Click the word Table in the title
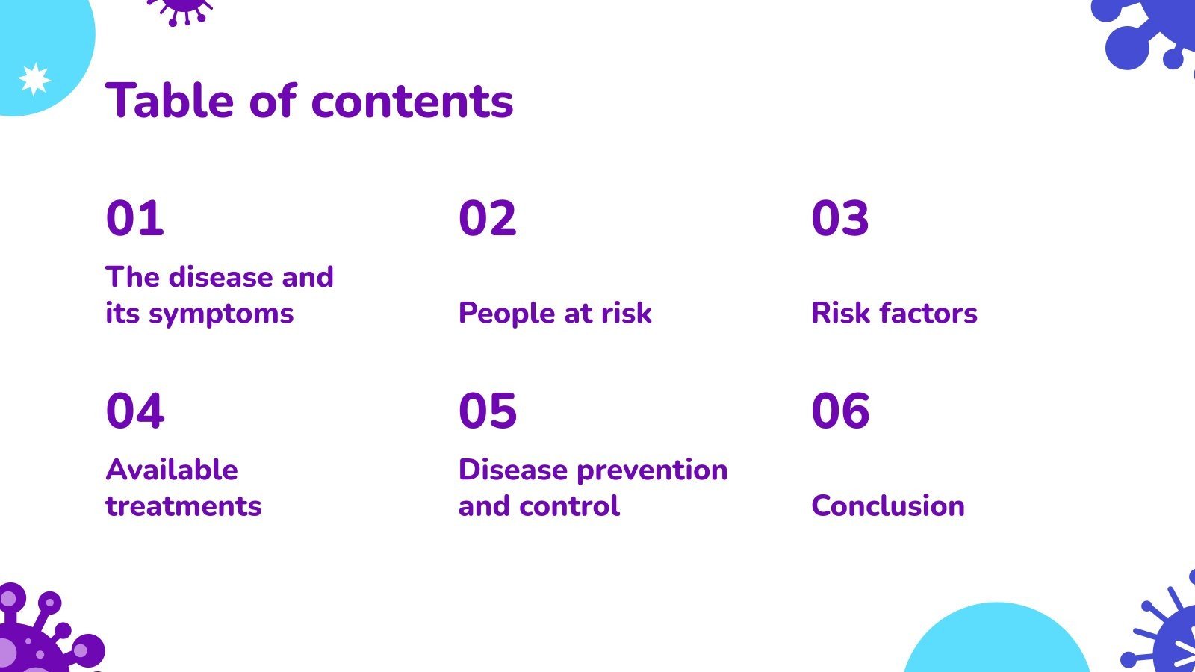(170, 100)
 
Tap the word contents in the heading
(412, 102)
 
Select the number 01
(135, 217)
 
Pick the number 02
(488, 217)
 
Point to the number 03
(840, 217)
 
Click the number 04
(135, 411)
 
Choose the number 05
(488, 411)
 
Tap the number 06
(840, 411)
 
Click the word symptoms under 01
(221, 314)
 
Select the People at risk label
(555, 313)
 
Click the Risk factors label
(894, 313)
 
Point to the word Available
(172, 470)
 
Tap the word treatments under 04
(184, 506)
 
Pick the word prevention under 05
(652, 472)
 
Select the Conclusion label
(888, 505)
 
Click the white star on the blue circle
(34, 79)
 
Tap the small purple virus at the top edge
(180, 10)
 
